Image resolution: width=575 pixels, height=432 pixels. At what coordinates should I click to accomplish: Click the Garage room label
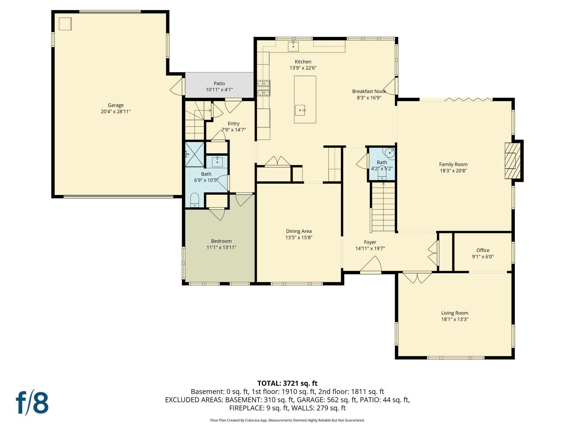(116, 105)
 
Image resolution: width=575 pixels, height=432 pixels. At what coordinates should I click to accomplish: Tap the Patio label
(219, 83)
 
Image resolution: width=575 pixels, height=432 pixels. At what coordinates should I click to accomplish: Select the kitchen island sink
(300, 110)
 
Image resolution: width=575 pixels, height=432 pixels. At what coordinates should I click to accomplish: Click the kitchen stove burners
(264, 88)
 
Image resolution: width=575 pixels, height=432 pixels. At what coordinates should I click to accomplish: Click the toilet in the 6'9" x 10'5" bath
(195, 200)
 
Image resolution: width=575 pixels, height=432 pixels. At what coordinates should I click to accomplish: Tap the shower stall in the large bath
(195, 154)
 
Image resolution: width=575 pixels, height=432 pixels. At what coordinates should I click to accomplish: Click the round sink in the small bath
(390, 153)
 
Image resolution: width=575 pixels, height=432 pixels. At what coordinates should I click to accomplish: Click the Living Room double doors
(417, 277)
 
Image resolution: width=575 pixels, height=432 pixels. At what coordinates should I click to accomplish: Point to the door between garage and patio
(177, 87)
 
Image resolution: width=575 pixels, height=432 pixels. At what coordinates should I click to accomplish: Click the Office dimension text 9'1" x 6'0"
(483, 257)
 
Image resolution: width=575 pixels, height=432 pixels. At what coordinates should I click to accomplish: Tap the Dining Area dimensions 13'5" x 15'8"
(299, 238)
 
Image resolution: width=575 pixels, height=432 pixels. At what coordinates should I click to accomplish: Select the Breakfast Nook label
(369, 91)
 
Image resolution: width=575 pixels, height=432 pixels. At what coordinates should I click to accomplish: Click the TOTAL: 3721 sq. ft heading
(287, 383)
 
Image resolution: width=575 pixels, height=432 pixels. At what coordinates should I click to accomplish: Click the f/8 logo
(32, 402)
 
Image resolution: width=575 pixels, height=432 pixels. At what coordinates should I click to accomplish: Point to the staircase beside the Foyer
(383, 207)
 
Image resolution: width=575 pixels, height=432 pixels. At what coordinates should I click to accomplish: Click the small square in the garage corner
(65, 24)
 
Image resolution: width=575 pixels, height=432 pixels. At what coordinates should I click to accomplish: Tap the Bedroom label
(221, 241)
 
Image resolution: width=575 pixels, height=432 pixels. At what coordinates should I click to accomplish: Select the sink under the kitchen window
(293, 46)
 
